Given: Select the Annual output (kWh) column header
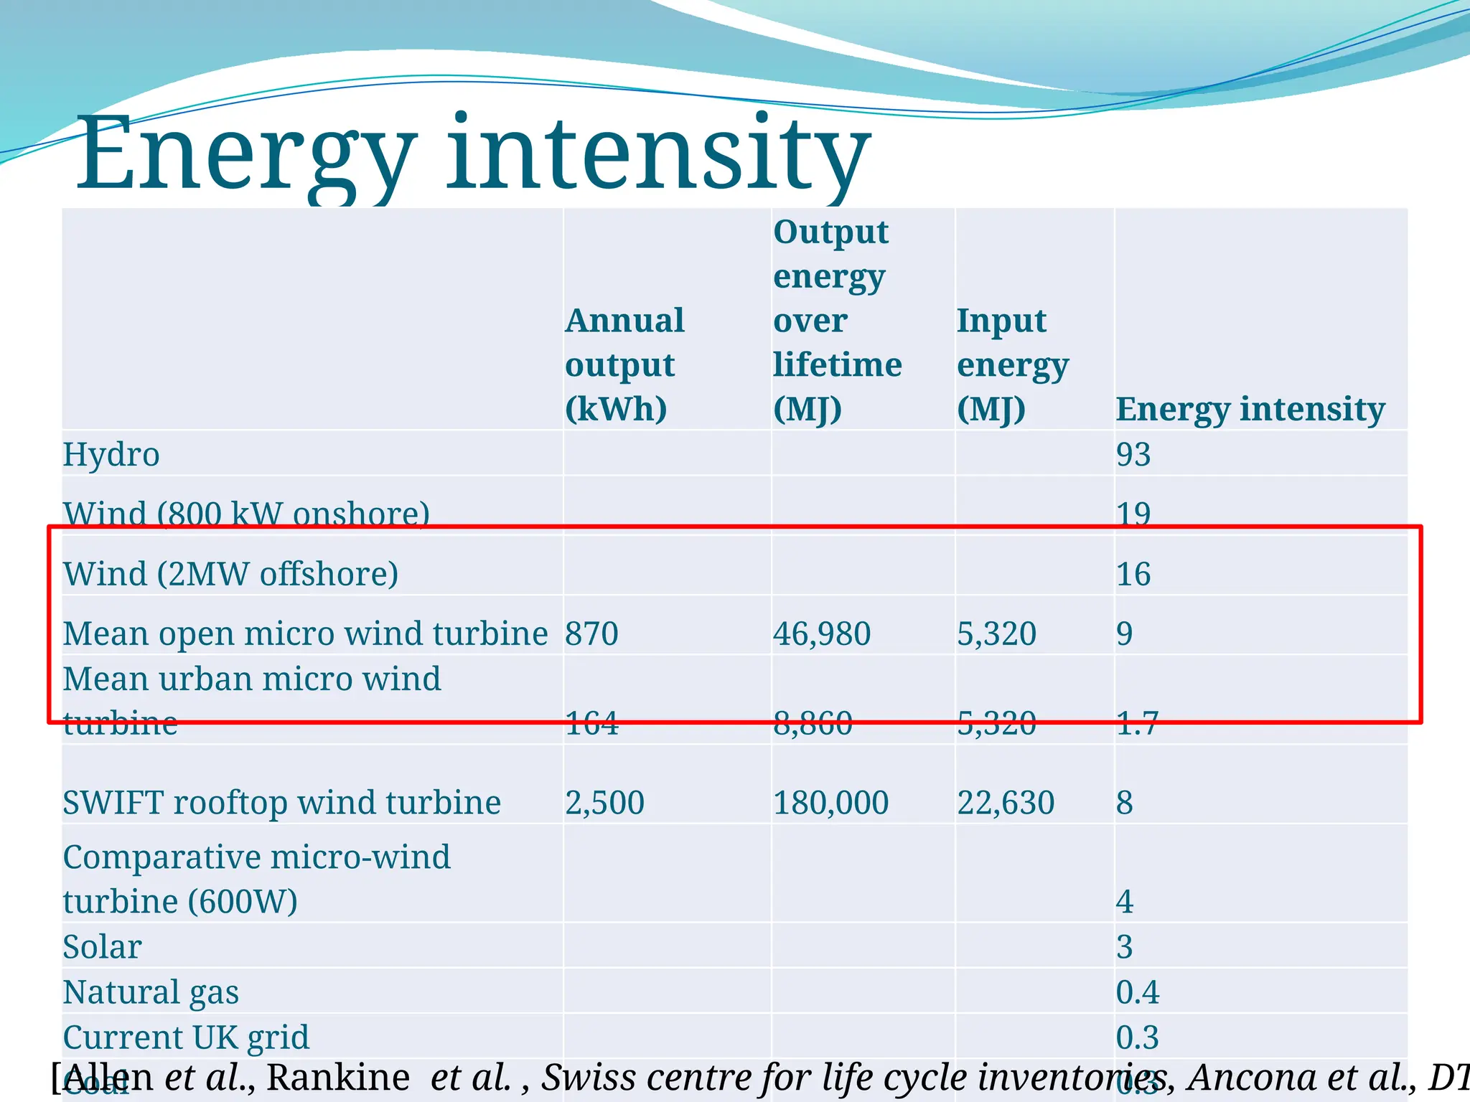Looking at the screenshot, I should tap(624, 364).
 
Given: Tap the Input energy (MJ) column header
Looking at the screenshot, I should tap(1012, 364).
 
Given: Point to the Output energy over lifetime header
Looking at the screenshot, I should tap(837, 320).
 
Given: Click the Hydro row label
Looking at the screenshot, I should tap(111, 454).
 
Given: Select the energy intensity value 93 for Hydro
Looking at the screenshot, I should tap(1133, 454).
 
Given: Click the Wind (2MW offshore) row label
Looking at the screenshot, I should tap(230, 574).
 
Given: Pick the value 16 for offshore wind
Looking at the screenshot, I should tap(1133, 574).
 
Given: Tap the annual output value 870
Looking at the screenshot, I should tap(591, 634).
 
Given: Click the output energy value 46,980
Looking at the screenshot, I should tap(822, 634).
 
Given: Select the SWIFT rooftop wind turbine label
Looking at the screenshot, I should tap(281, 802).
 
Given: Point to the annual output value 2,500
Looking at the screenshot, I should tap(604, 802).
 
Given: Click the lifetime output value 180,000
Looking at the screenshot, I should tap(830, 802).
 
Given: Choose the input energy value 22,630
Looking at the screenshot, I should tap(1006, 802).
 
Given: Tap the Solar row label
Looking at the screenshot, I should tap(102, 947).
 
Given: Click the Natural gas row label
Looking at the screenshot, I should tap(151, 992).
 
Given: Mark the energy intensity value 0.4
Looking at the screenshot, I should tap(1138, 992).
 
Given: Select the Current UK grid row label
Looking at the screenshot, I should tap(186, 1037).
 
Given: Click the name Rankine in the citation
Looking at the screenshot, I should tap(338, 1077).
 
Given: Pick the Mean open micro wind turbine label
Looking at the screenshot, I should tap(305, 634).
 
